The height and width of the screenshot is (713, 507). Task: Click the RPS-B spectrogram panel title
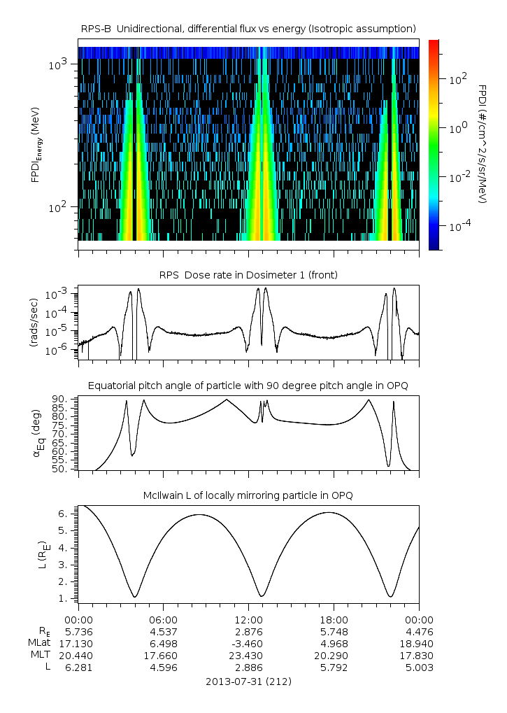248,29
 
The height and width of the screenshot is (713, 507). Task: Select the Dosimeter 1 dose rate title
248,275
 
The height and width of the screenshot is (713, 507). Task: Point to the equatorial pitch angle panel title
248,386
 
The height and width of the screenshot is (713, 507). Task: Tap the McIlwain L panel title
248,495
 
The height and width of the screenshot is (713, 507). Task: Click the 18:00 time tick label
334,620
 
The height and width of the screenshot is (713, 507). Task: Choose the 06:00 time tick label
164,620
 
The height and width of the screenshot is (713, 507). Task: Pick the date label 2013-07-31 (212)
248,682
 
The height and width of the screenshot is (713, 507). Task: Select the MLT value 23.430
248,656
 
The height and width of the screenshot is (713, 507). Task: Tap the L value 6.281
78,668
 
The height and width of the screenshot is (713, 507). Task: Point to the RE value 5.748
334,632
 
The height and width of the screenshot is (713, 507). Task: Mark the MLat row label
40,643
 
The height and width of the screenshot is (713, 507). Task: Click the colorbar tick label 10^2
458,80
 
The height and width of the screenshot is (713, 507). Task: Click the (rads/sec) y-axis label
34,323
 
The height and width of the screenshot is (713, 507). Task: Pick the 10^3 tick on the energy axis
57,64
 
